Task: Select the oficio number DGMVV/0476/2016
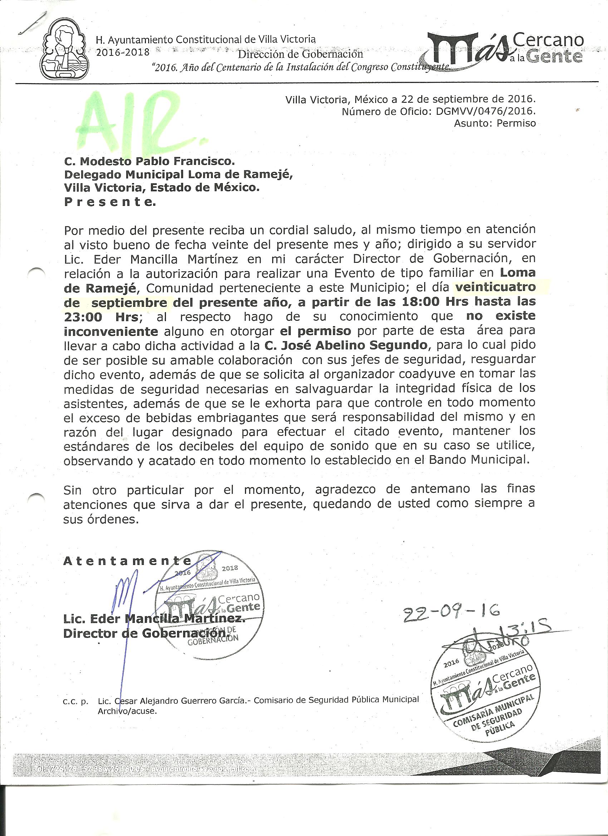click(485, 111)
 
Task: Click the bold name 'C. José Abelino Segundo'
click(346, 345)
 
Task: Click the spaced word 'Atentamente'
click(127, 561)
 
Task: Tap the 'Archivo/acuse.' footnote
click(127, 712)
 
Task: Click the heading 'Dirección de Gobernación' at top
click(300, 54)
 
